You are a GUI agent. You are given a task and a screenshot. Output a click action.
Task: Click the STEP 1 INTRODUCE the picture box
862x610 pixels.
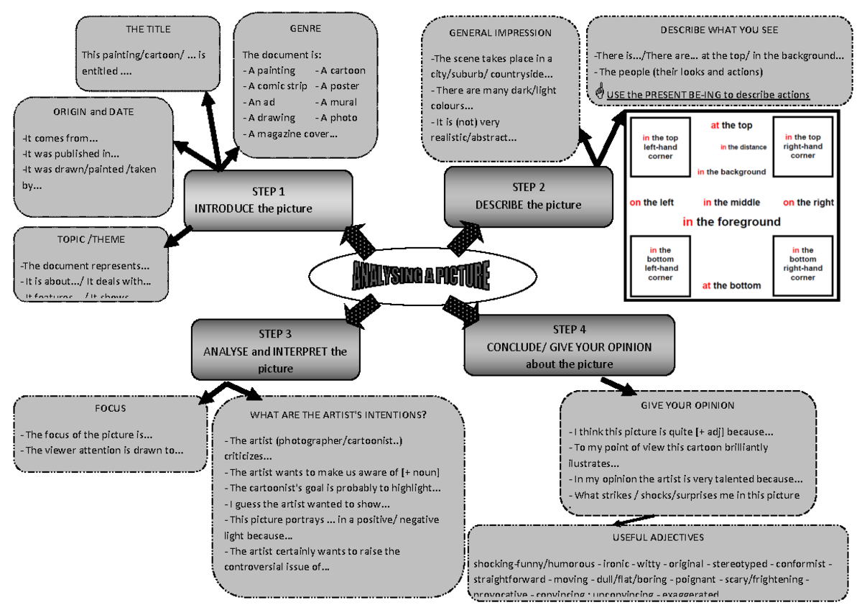268,200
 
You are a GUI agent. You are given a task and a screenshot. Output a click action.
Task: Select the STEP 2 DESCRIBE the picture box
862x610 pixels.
528,196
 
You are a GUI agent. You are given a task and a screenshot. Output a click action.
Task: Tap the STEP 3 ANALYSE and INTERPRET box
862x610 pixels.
275,351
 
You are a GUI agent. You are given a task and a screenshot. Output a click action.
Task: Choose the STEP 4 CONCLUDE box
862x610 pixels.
569,346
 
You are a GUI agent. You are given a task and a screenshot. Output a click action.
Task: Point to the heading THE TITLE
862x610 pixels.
148,29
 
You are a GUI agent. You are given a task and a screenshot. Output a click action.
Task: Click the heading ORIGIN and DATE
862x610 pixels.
93,112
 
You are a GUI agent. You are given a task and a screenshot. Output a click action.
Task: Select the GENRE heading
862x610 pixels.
305,29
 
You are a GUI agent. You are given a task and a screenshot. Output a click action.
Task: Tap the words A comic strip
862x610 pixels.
275,86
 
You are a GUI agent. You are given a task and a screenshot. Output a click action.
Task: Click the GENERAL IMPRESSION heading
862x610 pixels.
500,33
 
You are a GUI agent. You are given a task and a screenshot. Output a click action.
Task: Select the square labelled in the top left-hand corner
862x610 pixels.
659,147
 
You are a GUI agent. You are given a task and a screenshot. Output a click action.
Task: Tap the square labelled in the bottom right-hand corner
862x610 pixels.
802,264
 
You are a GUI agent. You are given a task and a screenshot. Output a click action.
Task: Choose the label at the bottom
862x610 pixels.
731,285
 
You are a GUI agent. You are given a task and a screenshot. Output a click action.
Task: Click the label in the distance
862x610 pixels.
743,147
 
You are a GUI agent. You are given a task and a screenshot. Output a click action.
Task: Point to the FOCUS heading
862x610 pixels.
110,408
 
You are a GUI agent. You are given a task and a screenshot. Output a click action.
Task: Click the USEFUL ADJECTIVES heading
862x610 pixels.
658,537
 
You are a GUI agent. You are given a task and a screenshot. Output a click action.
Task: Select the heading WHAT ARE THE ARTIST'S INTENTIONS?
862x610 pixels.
338,415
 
